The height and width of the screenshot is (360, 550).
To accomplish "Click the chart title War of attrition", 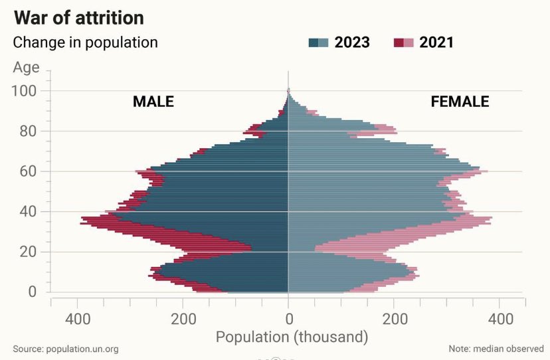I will [x=78, y=17].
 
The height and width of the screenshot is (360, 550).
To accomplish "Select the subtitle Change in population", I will [x=86, y=43].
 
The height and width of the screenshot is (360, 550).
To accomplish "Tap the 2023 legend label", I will [x=352, y=43].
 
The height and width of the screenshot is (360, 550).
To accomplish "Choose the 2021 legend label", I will [x=436, y=43].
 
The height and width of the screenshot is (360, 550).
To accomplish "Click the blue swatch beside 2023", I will [x=318, y=43].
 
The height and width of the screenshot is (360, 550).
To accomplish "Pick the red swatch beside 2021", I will [x=403, y=43].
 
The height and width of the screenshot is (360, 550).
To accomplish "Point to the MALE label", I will [x=153, y=102].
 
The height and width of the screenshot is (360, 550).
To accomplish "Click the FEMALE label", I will [x=460, y=102].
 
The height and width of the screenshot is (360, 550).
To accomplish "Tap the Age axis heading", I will [x=26, y=67].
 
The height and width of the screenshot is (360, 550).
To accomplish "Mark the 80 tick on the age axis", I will [x=29, y=131].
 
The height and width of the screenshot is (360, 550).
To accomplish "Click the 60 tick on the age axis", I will [x=29, y=171].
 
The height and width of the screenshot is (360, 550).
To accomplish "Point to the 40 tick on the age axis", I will [x=29, y=212].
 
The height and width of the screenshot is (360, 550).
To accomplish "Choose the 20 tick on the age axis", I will [x=29, y=252].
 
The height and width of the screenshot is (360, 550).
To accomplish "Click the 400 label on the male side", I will [x=78, y=318].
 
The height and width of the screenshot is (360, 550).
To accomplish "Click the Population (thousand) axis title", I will [x=292, y=336].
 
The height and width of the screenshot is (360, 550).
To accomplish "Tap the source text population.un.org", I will [x=66, y=349].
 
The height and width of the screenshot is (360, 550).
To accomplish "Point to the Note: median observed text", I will [x=496, y=349].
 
